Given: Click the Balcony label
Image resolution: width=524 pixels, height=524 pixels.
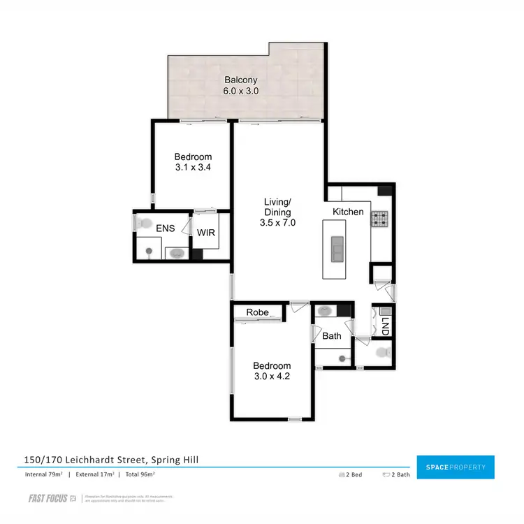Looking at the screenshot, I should coord(236,80).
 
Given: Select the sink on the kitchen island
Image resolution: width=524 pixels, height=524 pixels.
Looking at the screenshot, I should coord(337,247).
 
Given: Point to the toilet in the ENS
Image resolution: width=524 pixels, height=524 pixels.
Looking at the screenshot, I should coord(143,224).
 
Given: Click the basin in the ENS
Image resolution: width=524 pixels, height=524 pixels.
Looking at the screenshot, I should coord(175,253).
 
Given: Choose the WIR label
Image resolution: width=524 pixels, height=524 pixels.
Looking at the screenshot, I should coord(206,233).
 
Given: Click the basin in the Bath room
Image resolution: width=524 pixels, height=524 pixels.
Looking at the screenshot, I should coord(326,311).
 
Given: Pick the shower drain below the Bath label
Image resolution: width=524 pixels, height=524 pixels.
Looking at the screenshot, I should coord(342,358).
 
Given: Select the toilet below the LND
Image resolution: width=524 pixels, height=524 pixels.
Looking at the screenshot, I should coord(381,353).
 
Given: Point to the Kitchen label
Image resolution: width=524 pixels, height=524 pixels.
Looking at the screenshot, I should coord(348,212).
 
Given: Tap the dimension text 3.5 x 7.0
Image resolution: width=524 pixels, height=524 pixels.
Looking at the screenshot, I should coord(277,224).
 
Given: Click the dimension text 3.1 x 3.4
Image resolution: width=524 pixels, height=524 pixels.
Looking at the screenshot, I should coord(193,168).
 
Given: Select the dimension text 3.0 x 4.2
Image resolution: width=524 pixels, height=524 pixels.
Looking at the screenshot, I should coord(272,377).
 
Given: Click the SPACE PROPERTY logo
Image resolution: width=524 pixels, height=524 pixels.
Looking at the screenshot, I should coord(455,467).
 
